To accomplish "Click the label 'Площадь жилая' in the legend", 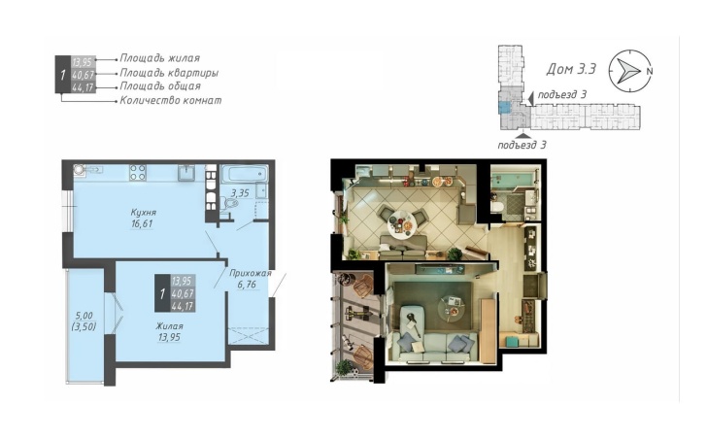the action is (x=159, y=58).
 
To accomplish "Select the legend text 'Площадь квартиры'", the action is (x=169, y=73).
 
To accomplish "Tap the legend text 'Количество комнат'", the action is (x=171, y=100).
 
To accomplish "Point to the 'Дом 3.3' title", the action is (x=571, y=69).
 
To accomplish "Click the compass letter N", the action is (x=650, y=71).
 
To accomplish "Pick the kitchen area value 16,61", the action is (x=142, y=223).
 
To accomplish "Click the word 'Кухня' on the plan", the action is (x=144, y=212).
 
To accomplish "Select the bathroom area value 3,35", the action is (x=240, y=193).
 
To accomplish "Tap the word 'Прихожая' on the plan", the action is (x=251, y=273).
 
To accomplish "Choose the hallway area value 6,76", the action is (x=247, y=285).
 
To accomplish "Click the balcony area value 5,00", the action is (x=84, y=316).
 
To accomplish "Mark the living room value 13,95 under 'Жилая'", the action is (x=169, y=337).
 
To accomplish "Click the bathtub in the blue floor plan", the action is (x=244, y=174).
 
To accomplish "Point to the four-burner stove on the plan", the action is (x=138, y=173).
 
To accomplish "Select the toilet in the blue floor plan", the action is (x=231, y=204).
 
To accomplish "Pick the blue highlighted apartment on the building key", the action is (x=505, y=107).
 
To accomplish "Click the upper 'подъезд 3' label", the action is (x=562, y=94).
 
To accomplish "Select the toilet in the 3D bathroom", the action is (x=497, y=208).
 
